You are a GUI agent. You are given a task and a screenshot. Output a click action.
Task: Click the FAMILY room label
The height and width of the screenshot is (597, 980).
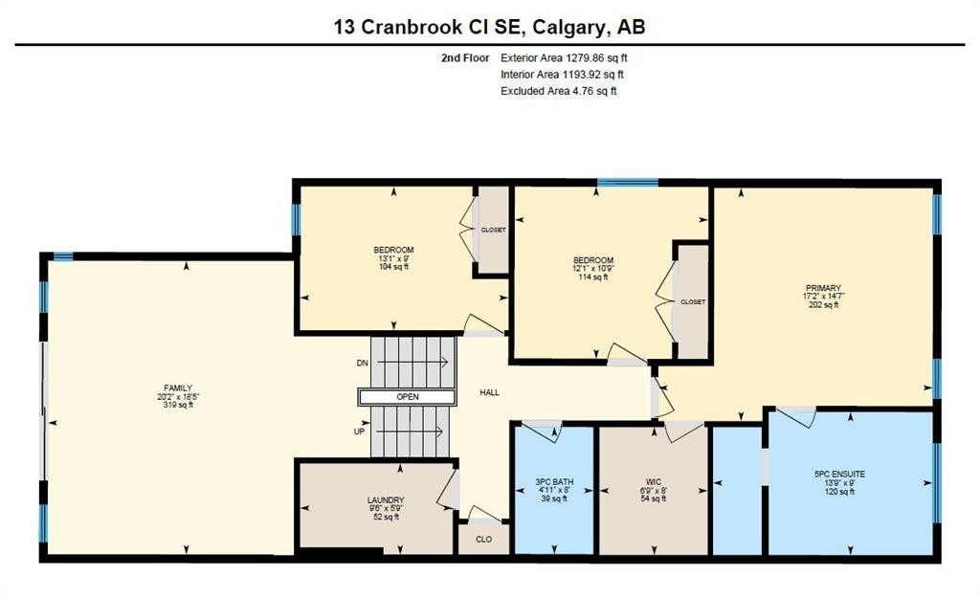(x=178, y=388)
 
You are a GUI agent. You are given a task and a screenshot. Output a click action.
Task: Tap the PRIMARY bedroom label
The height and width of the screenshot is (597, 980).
(x=822, y=288)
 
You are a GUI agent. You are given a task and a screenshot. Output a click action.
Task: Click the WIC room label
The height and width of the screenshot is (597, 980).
(x=654, y=482)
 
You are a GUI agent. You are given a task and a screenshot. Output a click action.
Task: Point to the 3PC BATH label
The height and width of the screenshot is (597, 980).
(x=553, y=482)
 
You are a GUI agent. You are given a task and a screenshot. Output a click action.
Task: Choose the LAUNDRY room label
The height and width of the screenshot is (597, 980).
(x=385, y=500)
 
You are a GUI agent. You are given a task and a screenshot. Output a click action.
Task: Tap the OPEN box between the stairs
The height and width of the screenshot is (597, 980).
(x=407, y=397)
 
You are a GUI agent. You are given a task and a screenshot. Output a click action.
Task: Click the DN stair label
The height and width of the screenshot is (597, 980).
(x=361, y=364)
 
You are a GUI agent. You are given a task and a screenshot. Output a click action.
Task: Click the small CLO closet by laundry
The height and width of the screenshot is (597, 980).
(x=484, y=540)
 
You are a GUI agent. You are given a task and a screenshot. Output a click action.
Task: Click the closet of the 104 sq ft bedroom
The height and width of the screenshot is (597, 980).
(x=494, y=230)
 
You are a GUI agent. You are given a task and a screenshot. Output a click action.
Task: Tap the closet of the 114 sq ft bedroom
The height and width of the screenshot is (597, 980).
(x=693, y=302)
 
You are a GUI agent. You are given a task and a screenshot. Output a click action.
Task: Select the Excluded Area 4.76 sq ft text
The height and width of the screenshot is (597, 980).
(x=558, y=91)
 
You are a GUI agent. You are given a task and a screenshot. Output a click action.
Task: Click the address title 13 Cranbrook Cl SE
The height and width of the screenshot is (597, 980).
(x=489, y=27)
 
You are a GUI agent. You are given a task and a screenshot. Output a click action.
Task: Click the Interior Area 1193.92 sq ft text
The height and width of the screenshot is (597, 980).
(x=562, y=75)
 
